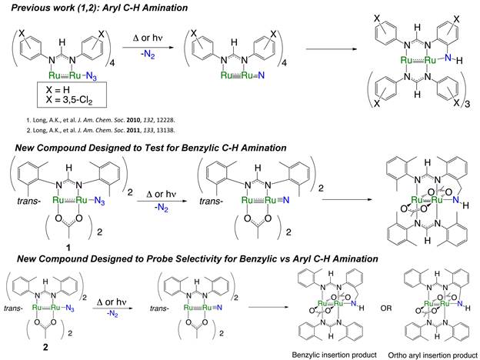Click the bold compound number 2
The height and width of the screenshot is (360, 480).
(44, 339)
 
